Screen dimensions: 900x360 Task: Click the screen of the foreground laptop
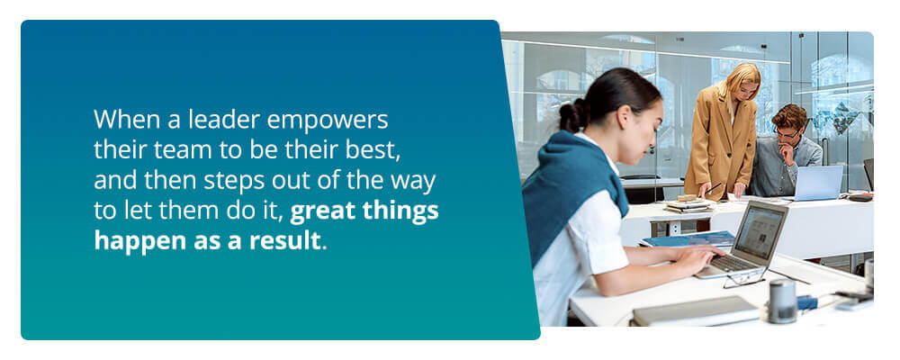[761, 230]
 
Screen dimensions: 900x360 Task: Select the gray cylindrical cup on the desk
[782, 301]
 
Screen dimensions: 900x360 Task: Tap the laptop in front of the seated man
[817, 184]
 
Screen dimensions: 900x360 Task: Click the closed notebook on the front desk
[695, 313]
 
